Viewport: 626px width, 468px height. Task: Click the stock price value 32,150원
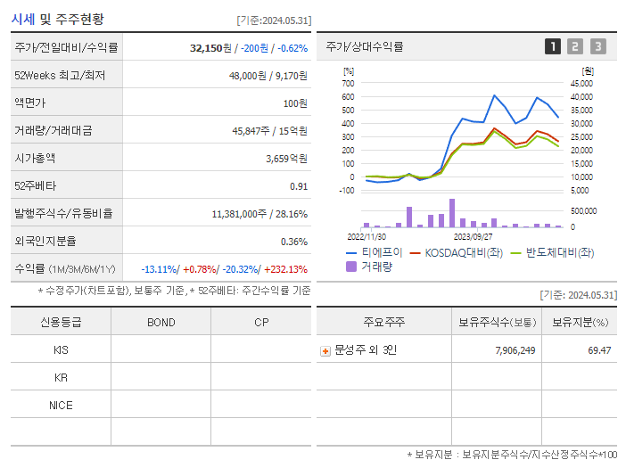pyautogui.click(x=210, y=47)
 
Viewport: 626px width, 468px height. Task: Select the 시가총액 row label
pyautogui.click(x=35, y=158)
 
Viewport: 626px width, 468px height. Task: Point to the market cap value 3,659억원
pyautogui.click(x=286, y=158)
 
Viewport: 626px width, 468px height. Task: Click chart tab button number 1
pyautogui.click(x=553, y=46)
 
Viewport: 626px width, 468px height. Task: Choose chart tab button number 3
pyautogui.click(x=597, y=46)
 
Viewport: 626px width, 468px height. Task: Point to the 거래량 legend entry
pyautogui.click(x=374, y=266)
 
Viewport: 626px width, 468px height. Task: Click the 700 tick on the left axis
pyautogui.click(x=348, y=83)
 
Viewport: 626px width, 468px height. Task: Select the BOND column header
pyautogui.click(x=161, y=322)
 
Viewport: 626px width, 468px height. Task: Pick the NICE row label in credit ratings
pyautogui.click(x=61, y=405)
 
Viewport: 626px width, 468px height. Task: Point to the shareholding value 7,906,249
pyautogui.click(x=515, y=350)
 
